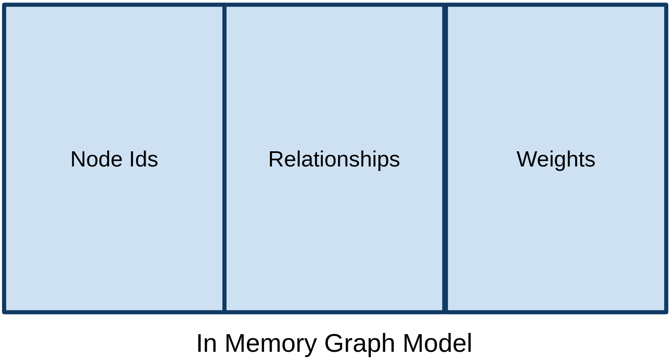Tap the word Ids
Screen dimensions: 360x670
point(144,159)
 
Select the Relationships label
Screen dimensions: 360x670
point(334,159)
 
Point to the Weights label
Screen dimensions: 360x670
point(556,159)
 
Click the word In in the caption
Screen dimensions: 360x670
point(206,343)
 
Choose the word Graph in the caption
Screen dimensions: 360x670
point(360,343)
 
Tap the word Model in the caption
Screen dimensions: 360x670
point(437,343)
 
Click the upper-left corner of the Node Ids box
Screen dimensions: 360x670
point(5,5)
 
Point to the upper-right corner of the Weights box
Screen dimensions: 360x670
point(665,5)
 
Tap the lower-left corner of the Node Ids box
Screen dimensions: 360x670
point(5,312)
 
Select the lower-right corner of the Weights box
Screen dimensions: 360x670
point(665,312)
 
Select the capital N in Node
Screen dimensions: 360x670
point(78,159)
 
